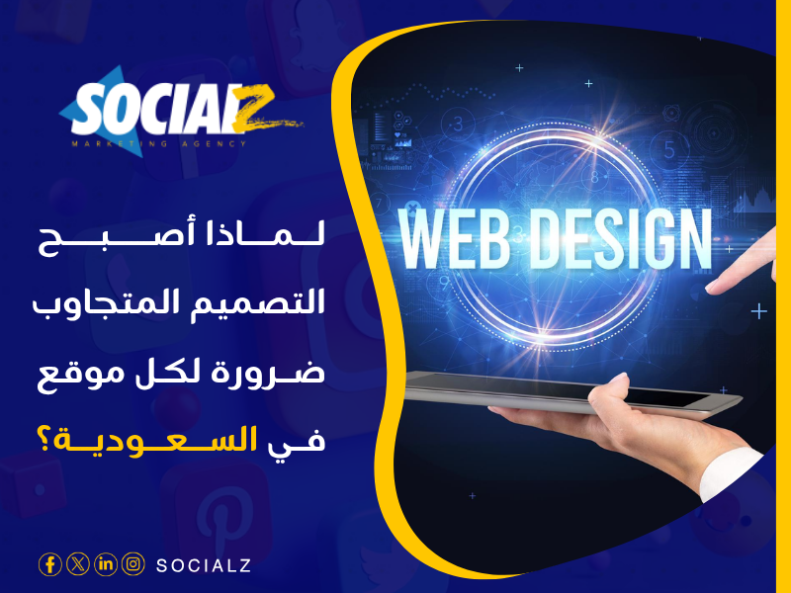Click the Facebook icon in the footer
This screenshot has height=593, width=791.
[x=49, y=564]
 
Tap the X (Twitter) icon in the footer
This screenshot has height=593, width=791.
[x=77, y=564]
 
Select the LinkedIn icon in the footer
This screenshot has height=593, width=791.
[x=105, y=564]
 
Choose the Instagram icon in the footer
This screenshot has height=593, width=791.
[x=132, y=564]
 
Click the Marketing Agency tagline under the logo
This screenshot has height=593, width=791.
[x=158, y=144]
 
